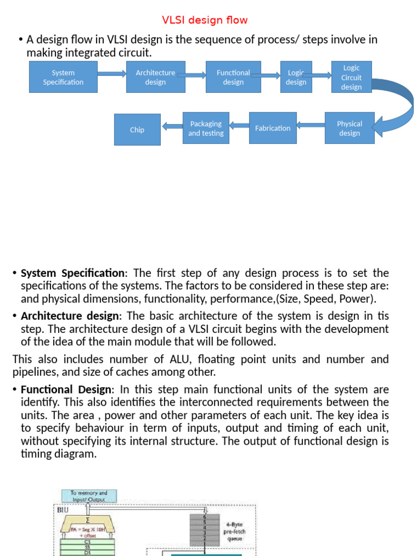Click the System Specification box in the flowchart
click(x=63, y=77)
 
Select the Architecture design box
click(x=155, y=77)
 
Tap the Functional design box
click(x=233, y=77)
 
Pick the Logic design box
click(x=296, y=77)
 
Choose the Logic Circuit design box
click(x=351, y=77)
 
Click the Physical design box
click(x=349, y=128)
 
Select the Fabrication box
click(x=273, y=128)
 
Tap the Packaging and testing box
click(x=206, y=128)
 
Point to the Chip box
click(x=137, y=130)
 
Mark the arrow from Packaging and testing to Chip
click(x=172, y=127)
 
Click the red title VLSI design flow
click(x=205, y=20)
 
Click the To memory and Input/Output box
click(x=89, y=496)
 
